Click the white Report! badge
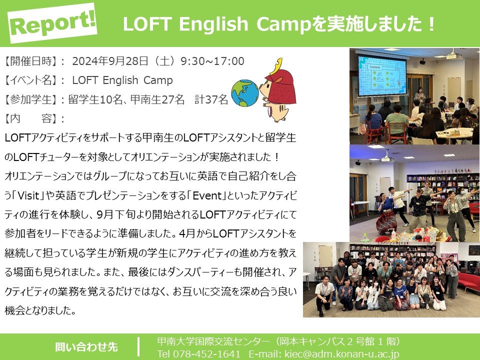(x=52, y=23)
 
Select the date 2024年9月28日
(x=110, y=61)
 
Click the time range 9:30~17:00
(x=212, y=61)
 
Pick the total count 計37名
(x=211, y=99)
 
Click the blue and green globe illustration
(x=245, y=93)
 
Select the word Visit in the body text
(x=28, y=195)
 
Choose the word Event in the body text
(x=207, y=195)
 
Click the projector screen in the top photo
(x=382, y=76)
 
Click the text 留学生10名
(x=95, y=99)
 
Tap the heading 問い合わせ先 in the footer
(x=86, y=347)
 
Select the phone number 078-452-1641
(x=206, y=354)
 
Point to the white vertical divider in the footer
(x=138, y=347)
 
